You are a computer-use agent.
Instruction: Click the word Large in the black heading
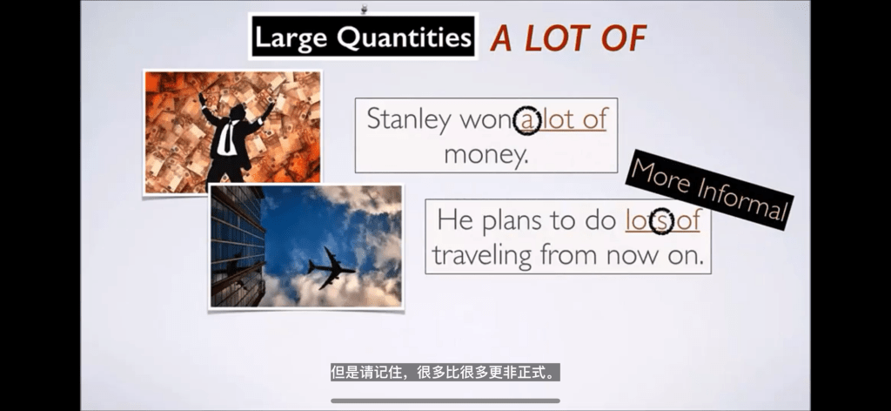point(292,38)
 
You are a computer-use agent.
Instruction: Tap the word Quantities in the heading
point(405,37)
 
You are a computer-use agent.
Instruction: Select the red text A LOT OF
point(568,38)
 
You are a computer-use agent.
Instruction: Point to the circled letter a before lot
point(527,121)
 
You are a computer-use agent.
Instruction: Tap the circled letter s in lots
point(661,221)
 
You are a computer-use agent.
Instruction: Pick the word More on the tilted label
point(662,176)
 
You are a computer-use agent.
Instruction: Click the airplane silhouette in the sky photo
point(332,267)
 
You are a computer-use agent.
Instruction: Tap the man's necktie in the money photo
point(228,138)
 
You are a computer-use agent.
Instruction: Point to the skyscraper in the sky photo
point(238,246)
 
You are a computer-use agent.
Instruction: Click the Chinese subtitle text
point(445,373)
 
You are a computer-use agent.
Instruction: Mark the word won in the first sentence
point(486,121)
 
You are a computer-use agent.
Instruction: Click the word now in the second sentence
point(632,256)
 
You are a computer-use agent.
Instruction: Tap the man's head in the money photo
point(237,112)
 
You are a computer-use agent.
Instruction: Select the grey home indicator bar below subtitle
point(445,401)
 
